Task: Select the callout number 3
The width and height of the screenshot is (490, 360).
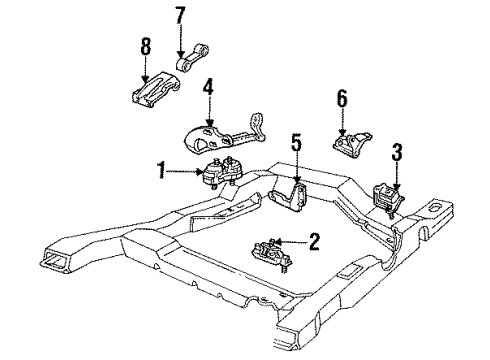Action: click(x=397, y=152)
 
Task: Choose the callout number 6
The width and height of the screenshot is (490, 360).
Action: click(x=342, y=100)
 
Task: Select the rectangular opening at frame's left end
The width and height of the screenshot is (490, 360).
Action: click(x=52, y=263)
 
